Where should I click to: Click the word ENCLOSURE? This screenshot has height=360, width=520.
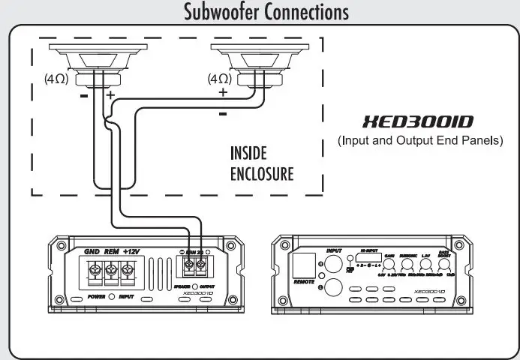pyautogui.click(x=261, y=175)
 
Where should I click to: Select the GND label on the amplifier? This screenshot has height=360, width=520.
pyautogui.click(x=92, y=251)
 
